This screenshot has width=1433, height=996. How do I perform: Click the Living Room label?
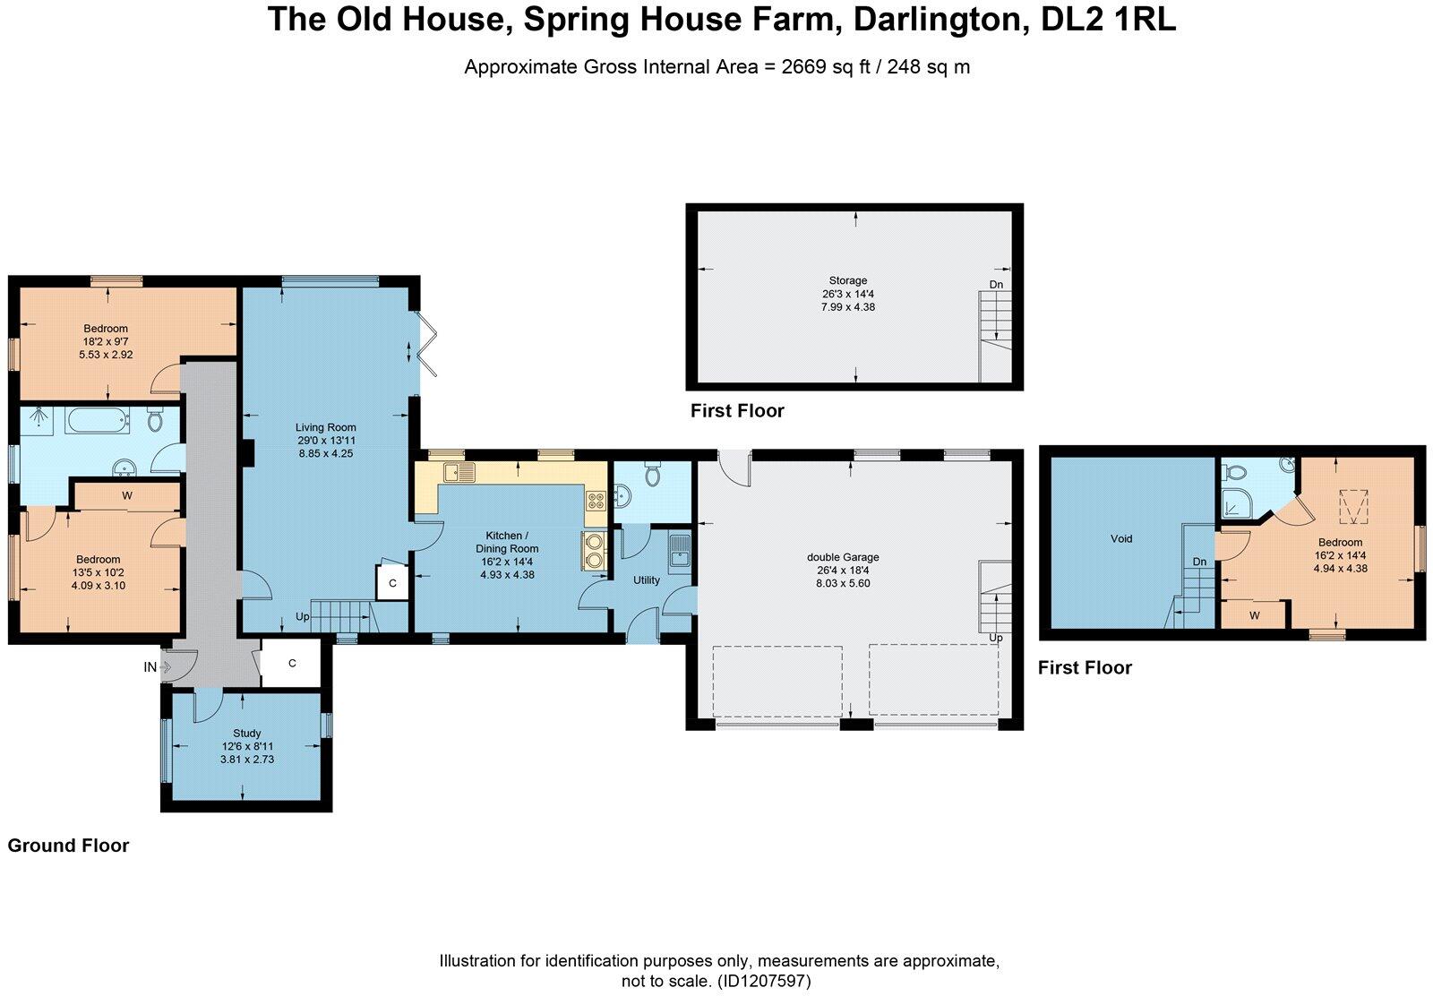click(x=327, y=428)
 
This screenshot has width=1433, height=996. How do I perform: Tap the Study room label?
click(x=246, y=734)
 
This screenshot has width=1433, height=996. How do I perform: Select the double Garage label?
click(x=843, y=557)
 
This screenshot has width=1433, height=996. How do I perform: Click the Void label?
click(x=1121, y=539)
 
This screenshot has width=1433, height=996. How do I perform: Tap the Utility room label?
click(x=647, y=580)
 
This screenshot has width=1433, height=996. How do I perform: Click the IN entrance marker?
click(x=150, y=667)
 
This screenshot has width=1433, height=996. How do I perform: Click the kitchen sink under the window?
click(x=462, y=472)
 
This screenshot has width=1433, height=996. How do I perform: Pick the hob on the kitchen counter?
click(x=596, y=501)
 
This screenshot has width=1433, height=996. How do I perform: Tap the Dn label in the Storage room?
click(x=996, y=285)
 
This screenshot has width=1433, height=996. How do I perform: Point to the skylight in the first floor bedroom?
click(x=1353, y=507)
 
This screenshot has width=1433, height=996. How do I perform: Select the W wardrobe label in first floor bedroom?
click(x=1254, y=615)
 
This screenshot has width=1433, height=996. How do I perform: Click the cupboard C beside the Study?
click(x=292, y=664)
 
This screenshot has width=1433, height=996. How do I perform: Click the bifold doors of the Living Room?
click(x=428, y=345)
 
